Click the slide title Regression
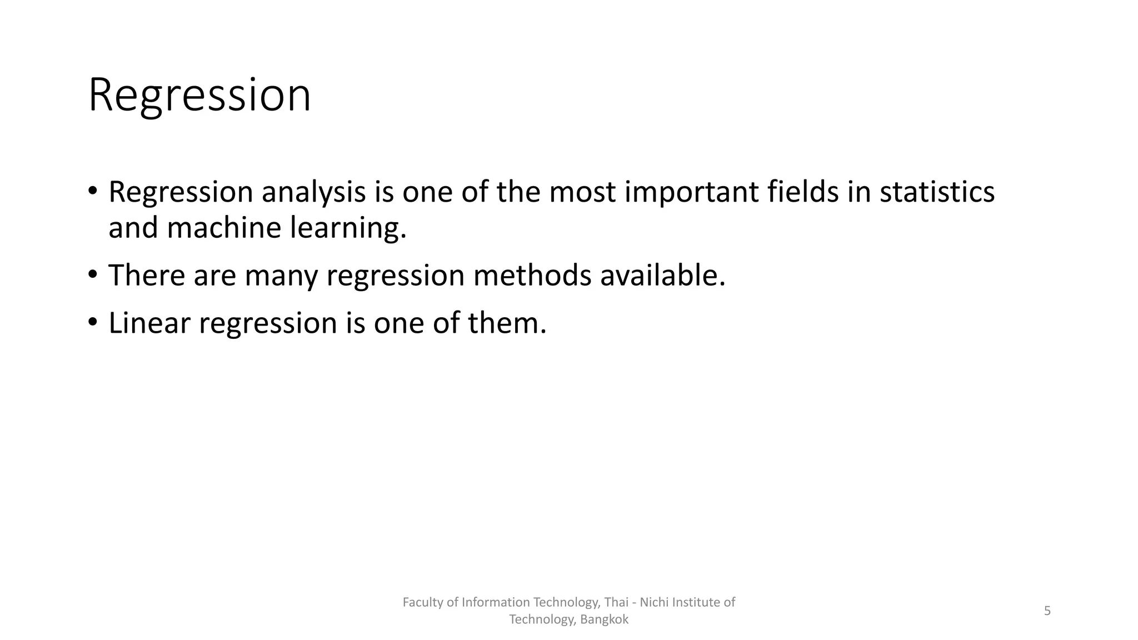tap(199, 96)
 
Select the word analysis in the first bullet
tap(313, 192)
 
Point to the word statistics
tap(937, 192)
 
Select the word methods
tap(532, 275)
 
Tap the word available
tap(662, 275)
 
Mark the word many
tap(281, 276)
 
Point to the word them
tap(507, 323)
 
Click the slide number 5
tap(1047, 611)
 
